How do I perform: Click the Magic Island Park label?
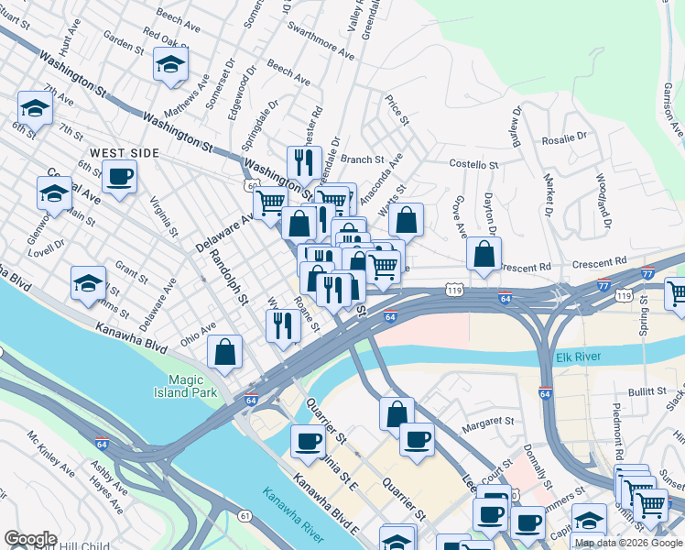192,387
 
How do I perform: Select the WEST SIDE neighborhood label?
125,153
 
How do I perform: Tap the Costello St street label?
473,164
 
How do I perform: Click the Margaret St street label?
488,422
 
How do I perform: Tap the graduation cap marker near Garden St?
170,65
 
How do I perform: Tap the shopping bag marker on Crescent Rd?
484,254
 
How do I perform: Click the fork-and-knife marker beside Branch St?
304,163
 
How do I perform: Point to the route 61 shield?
245,516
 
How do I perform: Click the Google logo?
30,539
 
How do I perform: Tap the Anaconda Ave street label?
380,181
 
